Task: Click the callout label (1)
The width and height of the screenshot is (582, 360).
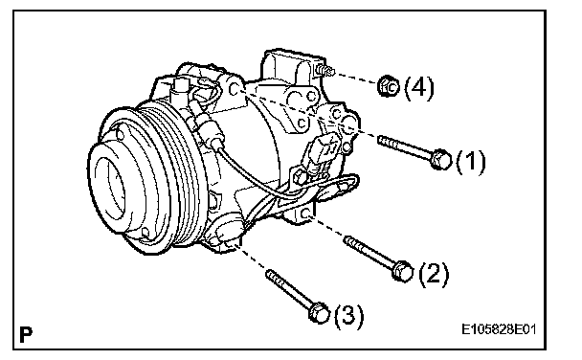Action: (x=470, y=162)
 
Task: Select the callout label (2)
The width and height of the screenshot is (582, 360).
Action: (x=434, y=274)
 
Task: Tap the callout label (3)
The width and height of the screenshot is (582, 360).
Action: (x=348, y=316)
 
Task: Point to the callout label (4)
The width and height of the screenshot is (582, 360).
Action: (x=418, y=87)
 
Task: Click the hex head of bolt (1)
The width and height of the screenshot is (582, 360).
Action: (x=441, y=160)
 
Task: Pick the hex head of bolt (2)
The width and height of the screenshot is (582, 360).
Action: (x=402, y=271)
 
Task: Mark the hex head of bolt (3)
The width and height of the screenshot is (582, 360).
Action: (x=319, y=313)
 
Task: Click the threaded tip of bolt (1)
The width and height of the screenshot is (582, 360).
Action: (x=382, y=141)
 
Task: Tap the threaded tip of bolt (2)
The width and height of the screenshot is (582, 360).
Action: (x=349, y=241)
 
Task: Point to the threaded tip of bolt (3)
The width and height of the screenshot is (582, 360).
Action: (x=271, y=275)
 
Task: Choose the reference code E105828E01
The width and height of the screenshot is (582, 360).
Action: (x=499, y=328)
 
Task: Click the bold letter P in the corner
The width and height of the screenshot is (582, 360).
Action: (x=26, y=334)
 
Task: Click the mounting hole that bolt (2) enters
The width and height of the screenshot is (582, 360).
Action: (x=306, y=214)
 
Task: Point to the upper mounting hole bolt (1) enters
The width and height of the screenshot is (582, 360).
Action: (x=235, y=89)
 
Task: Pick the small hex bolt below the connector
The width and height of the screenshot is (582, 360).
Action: (x=300, y=176)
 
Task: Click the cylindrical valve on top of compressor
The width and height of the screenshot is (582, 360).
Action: (x=180, y=90)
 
